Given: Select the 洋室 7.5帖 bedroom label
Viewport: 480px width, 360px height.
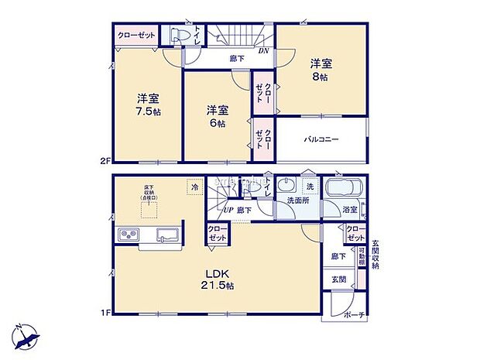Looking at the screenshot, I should click(147, 105).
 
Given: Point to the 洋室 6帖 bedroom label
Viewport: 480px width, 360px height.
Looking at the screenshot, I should click(217, 116).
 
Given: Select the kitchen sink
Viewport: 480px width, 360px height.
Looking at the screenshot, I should click(167, 235).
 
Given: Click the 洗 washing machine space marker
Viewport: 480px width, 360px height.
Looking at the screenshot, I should click(310, 187).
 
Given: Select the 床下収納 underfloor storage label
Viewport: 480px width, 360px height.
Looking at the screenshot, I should click(149, 192).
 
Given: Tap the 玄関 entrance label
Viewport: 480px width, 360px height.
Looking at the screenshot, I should click(339, 279).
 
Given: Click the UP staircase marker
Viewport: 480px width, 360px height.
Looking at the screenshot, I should click(228, 210).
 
